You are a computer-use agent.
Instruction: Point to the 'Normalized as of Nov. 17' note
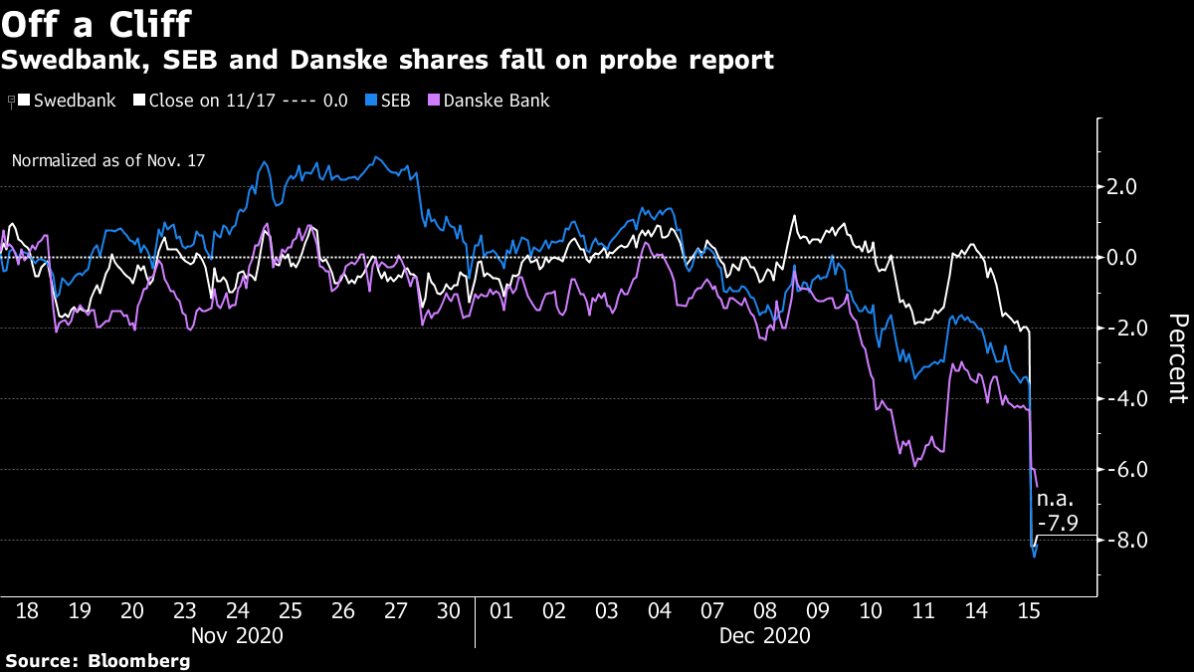point(108,159)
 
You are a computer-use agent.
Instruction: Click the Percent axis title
point(1177,358)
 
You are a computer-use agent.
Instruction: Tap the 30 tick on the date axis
point(450,610)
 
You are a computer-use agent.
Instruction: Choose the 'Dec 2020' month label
point(766,634)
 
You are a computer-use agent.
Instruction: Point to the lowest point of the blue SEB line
point(1035,557)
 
